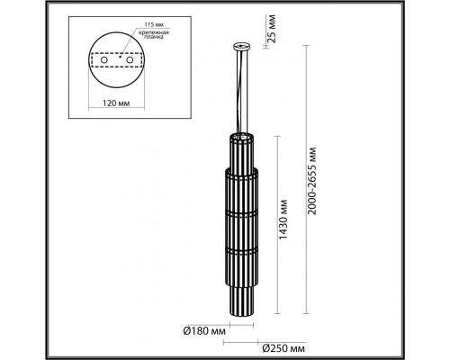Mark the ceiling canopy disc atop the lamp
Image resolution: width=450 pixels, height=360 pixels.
241,43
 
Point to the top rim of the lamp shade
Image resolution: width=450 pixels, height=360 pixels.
241,135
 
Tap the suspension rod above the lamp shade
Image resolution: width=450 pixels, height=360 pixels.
241,90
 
